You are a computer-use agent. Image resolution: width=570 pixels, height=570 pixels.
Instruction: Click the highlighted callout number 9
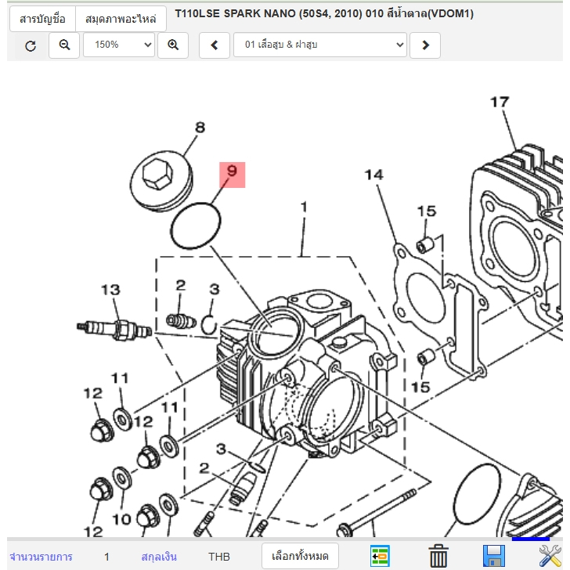tap(231, 174)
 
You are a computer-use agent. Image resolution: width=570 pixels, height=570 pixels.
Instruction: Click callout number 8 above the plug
tap(200, 128)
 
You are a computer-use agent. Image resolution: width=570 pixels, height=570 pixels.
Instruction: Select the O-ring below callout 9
tap(195, 226)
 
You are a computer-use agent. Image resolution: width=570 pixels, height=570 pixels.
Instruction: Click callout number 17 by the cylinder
tap(500, 102)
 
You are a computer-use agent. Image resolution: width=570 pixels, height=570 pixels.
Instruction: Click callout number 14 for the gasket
tap(374, 174)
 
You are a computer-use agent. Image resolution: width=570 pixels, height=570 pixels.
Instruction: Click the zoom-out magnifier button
tap(64, 45)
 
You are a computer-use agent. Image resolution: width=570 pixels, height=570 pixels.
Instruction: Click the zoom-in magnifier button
tap(173, 45)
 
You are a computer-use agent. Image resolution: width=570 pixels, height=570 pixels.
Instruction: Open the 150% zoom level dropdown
tap(119, 45)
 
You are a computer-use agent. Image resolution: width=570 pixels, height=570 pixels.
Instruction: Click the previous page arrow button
tap(215, 45)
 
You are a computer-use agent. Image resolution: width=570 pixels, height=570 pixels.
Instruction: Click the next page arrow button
tap(425, 45)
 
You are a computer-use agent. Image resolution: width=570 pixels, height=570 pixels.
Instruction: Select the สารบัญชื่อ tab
tap(42, 18)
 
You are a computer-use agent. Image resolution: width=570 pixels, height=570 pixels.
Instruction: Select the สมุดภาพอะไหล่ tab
tap(121, 18)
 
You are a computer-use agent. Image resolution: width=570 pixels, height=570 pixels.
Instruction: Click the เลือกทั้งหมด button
tap(300, 557)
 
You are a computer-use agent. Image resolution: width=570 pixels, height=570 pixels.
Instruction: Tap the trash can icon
tap(438, 557)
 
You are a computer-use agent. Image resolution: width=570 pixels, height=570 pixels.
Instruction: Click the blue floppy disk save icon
tap(493, 557)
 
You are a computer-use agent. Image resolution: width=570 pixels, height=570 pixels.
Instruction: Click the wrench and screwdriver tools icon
tap(551, 556)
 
